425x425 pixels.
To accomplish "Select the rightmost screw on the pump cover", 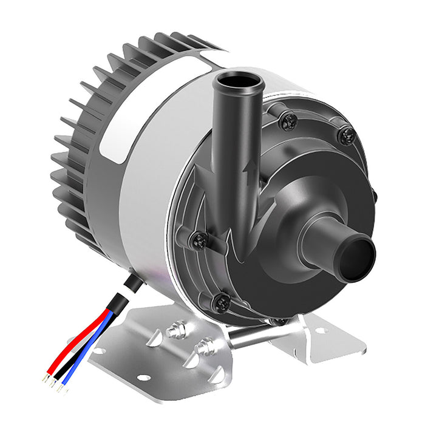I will pyautogui.click(x=347, y=136).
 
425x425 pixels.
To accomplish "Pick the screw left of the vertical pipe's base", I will pyautogui.click(x=199, y=241).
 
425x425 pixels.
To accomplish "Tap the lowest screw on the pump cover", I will pyautogui.click(x=222, y=302).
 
